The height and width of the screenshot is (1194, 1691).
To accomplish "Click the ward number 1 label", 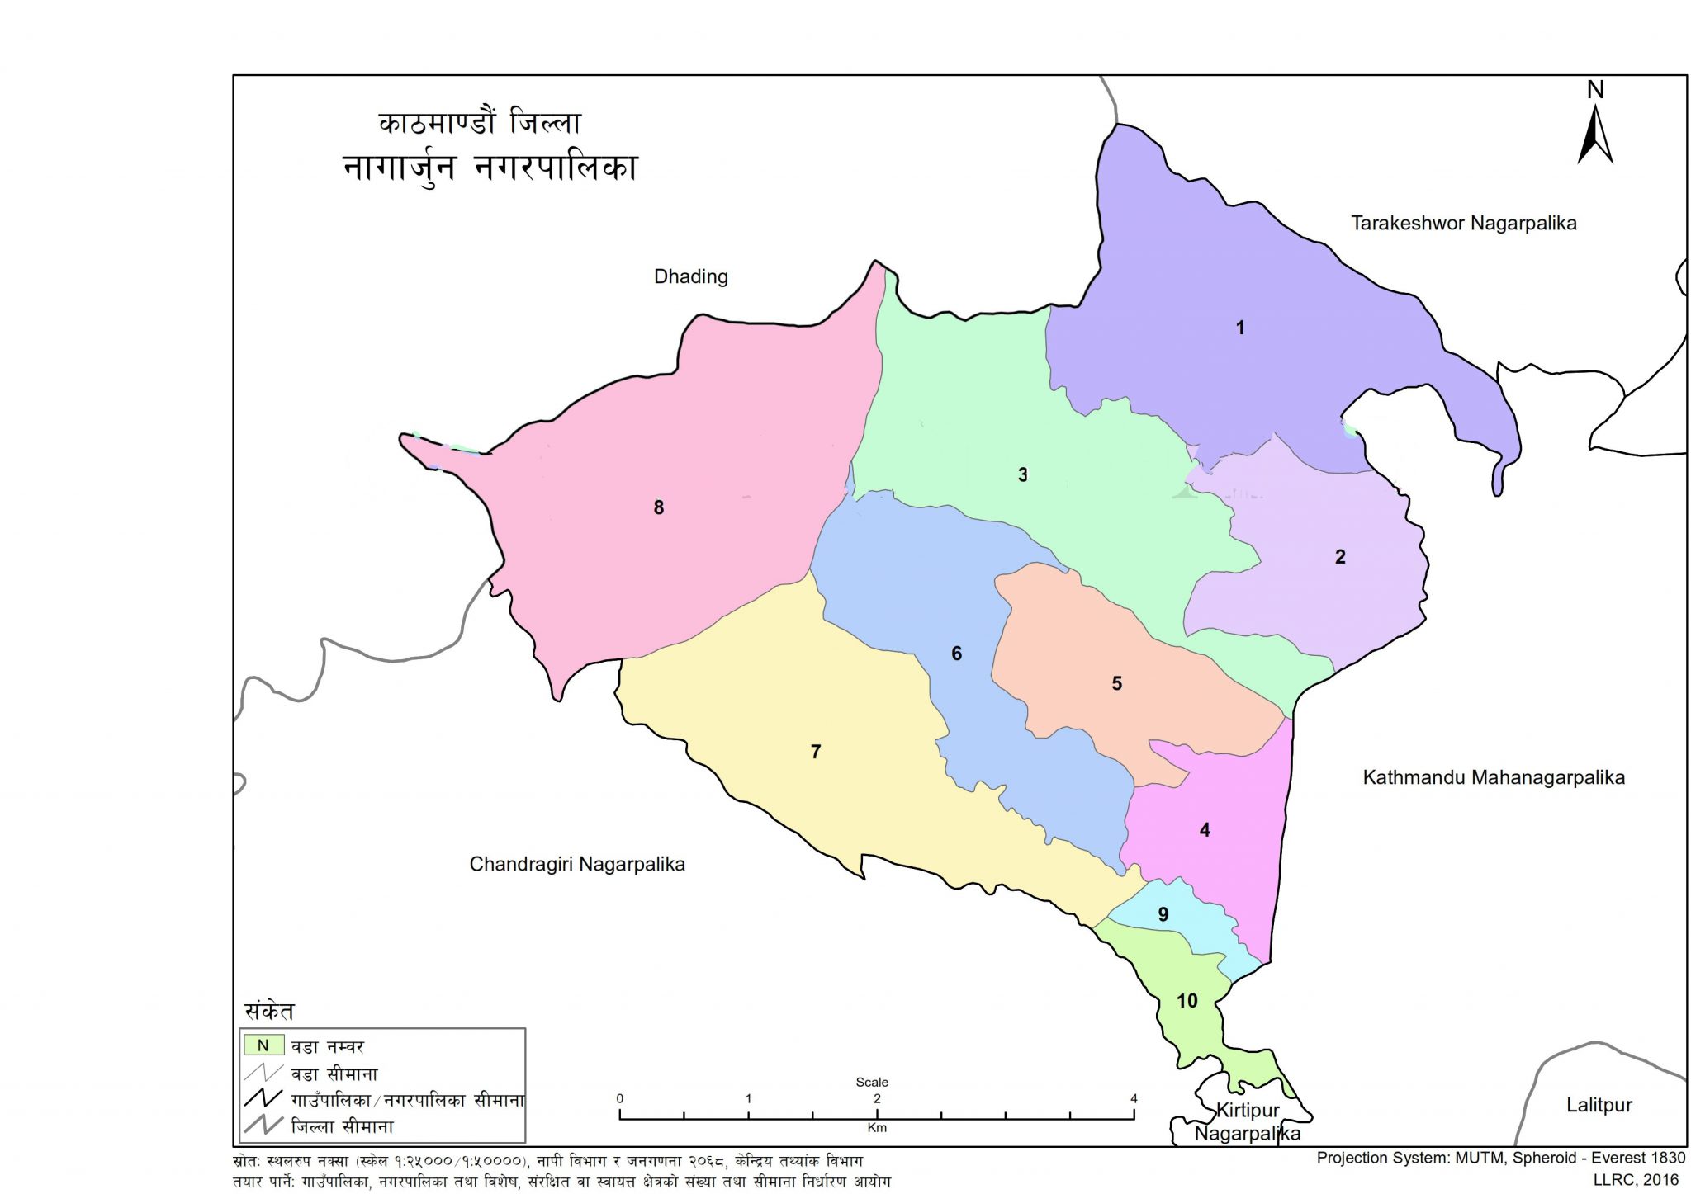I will (1239, 328).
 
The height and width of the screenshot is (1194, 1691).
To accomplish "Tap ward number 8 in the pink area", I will (658, 508).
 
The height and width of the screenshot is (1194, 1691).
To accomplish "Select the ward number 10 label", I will (1187, 1001).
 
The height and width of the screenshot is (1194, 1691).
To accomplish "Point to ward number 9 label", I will (1163, 914).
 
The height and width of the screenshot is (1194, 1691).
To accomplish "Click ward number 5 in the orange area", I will (1116, 683).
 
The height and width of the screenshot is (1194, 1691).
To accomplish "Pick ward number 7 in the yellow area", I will (815, 752).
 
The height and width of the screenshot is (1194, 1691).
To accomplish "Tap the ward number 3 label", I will (1022, 475).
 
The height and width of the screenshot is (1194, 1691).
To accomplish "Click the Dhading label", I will (690, 276).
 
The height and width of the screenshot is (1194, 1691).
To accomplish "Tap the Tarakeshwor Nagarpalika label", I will (1463, 223).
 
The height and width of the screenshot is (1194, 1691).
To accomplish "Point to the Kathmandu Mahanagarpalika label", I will (1493, 777).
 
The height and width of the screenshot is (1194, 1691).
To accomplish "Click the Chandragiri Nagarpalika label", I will (577, 864).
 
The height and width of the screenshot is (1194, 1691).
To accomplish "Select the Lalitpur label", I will (1599, 1105).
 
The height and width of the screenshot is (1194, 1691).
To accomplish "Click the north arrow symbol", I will (1595, 132).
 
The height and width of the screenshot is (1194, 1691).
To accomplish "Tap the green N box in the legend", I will (263, 1045).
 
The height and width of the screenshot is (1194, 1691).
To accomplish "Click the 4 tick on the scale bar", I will (1134, 1099).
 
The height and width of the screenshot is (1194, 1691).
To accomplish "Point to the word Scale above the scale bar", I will (872, 1082).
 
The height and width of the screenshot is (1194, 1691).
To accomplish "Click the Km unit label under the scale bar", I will (876, 1128).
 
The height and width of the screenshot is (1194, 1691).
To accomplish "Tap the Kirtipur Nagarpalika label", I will (1248, 1121).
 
